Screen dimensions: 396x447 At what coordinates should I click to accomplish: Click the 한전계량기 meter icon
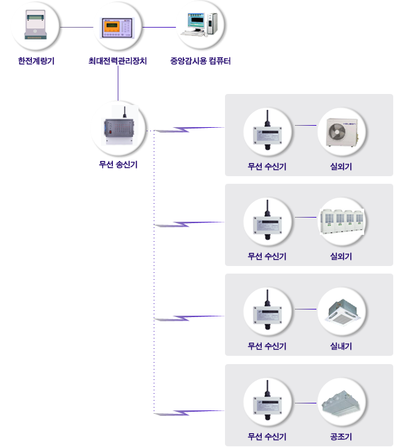[x=35, y=25]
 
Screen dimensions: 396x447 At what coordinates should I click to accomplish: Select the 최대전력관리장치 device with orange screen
[x=117, y=28]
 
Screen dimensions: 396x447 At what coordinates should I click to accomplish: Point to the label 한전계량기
[x=36, y=61]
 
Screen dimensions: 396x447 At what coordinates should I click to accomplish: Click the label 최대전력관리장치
[x=118, y=61]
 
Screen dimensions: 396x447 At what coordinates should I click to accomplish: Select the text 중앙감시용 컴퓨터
[x=200, y=61]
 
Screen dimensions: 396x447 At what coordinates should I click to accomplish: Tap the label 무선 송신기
[x=118, y=164]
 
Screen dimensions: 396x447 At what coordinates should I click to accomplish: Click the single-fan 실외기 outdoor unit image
[x=342, y=132]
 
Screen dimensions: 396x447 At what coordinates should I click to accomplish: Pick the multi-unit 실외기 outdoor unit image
[x=342, y=222]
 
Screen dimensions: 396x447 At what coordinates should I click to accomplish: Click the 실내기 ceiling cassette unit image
[x=342, y=311]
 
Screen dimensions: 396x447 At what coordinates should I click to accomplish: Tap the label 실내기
[x=341, y=346]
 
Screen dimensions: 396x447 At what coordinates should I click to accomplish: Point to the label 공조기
[x=341, y=437]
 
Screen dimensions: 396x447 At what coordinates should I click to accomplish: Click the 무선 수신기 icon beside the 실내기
[x=267, y=310]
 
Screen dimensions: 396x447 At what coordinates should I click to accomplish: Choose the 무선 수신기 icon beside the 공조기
[x=267, y=400]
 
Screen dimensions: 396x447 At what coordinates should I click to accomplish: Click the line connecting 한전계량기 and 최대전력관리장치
[x=77, y=28]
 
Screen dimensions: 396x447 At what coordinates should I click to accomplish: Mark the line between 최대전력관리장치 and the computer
[x=159, y=28]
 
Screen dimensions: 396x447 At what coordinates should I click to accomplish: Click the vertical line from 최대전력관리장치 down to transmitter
[x=118, y=83]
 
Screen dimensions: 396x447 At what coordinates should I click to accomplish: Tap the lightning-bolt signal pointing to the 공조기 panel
[x=189, y=412]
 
